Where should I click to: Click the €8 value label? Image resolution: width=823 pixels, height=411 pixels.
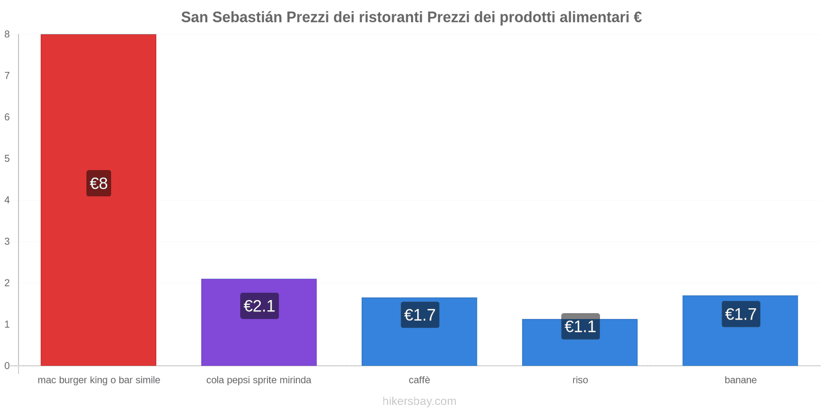point(99,183)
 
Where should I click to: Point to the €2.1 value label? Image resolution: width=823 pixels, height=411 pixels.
point(259,306)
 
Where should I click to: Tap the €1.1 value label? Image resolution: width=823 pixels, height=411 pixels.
point(580,327)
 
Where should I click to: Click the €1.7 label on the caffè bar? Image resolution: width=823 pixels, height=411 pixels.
point(420,315)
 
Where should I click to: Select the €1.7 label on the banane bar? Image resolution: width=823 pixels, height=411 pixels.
point(741,314)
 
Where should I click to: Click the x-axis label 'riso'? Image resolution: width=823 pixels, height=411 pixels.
point(580,380)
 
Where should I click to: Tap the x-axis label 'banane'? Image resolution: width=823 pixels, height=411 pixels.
point(741,380)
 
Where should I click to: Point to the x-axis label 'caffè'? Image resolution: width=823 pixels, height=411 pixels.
point(420,380)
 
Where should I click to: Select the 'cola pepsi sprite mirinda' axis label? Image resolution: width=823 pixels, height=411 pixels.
point(259,380)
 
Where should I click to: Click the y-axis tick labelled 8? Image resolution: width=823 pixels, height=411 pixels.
point(7,34)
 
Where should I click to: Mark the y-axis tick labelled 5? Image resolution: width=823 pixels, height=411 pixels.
point(7,159)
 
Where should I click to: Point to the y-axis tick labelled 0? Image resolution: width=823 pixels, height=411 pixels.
point(7,366)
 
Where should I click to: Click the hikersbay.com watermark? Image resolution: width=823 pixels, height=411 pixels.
point(419,401)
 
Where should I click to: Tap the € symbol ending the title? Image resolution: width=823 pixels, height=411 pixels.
point(637,17)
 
